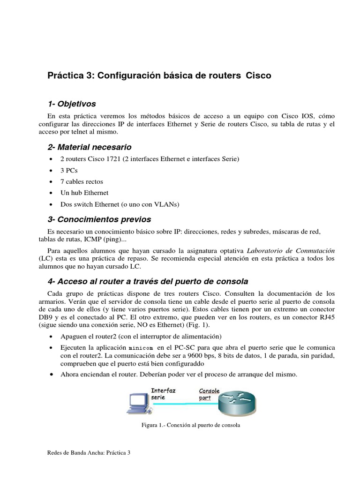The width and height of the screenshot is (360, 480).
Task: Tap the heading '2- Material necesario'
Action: coord(90,147)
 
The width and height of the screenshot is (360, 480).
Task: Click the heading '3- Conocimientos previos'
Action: coord(99,219)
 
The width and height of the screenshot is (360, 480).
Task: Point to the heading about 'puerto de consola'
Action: coord(148,281)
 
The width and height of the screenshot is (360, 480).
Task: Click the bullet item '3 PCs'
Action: coord(69,170)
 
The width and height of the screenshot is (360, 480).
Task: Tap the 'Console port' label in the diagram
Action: coord(209,394)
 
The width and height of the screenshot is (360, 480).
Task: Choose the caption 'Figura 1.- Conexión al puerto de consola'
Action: coord(191,425)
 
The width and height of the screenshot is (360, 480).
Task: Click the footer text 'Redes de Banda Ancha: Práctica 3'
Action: coord(89,453)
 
